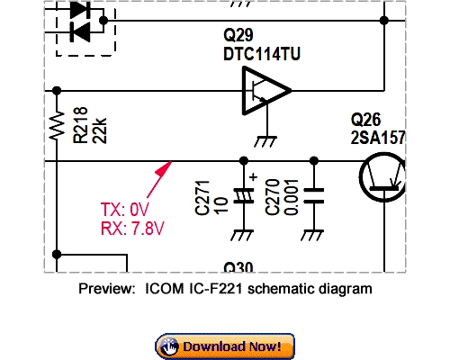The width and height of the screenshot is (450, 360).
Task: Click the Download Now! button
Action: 225,346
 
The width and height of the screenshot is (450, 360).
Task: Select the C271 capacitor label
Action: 201,198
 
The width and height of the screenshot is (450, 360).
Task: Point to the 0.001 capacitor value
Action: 289,198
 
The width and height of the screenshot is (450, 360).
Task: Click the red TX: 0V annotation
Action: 125,211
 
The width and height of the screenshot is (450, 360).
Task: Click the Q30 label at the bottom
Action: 239,267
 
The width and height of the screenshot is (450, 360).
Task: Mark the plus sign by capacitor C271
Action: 254,177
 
